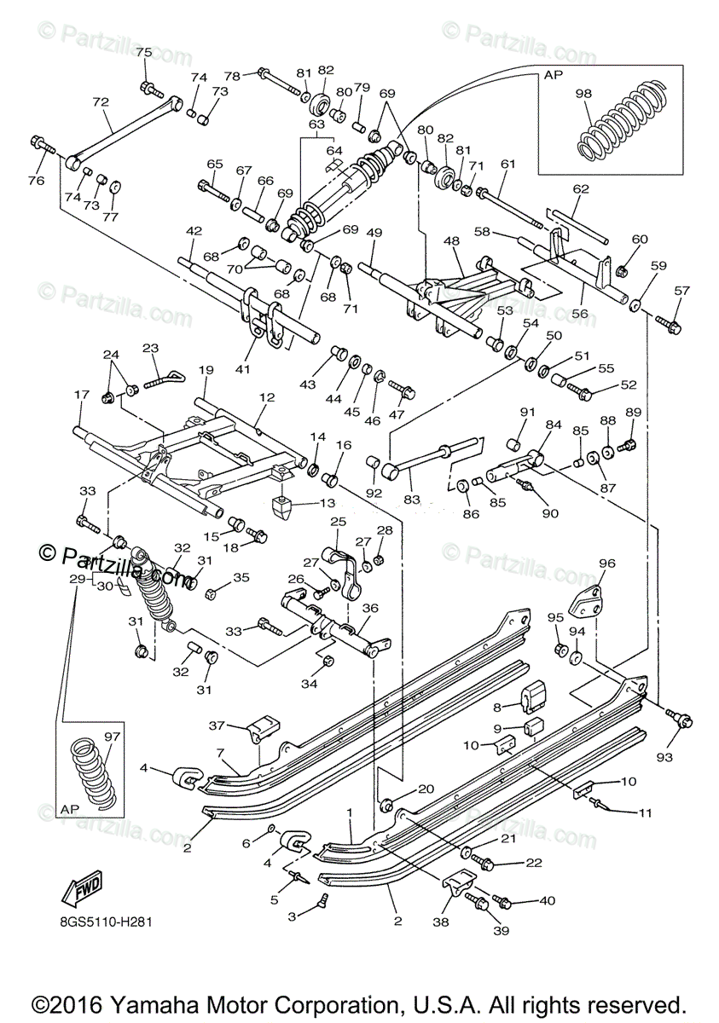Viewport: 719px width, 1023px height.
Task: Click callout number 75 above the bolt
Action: coord(143,53)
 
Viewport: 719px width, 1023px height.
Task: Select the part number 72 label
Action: coord(101,102)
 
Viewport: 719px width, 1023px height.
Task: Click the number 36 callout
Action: coord(369,608)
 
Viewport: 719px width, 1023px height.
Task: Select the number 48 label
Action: coord(451,242)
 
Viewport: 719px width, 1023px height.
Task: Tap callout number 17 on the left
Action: coord(82,396)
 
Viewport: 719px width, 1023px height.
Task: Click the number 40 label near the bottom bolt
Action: coord(547,900)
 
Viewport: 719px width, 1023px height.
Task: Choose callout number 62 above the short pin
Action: coord(581,189)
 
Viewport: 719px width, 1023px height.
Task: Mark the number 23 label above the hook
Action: coord(151,348)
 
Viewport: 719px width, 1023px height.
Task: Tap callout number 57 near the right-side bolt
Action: coord(681,292)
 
